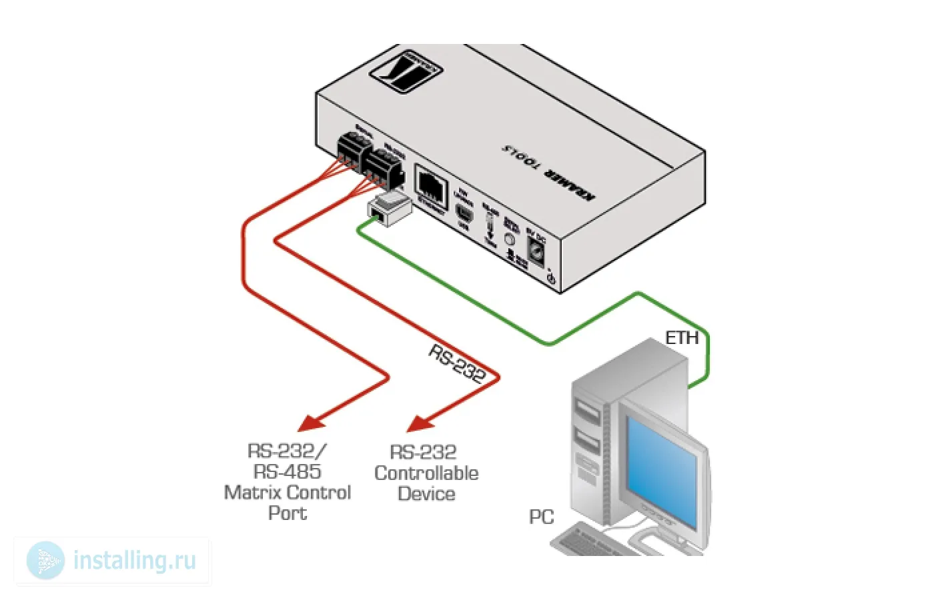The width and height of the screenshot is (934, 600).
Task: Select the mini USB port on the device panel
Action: (x=464, y=215)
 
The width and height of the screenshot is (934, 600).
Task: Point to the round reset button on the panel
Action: (x=510, y=239)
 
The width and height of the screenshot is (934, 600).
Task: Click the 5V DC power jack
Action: (x=537, y=251)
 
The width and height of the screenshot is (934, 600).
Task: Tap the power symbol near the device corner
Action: (x=551, y=279)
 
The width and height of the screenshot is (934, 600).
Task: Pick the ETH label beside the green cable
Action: (x=682, y=337)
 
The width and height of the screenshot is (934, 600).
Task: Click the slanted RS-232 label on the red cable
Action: (x=457, y=363)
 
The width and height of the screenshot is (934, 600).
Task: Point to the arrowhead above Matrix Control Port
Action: (x=310, y=423)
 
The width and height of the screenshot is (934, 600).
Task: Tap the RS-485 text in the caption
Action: (x=288, y=472)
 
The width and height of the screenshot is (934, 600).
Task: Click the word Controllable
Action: (x=426, y=473)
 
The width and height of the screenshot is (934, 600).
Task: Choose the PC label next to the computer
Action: (x=541, y=517)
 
